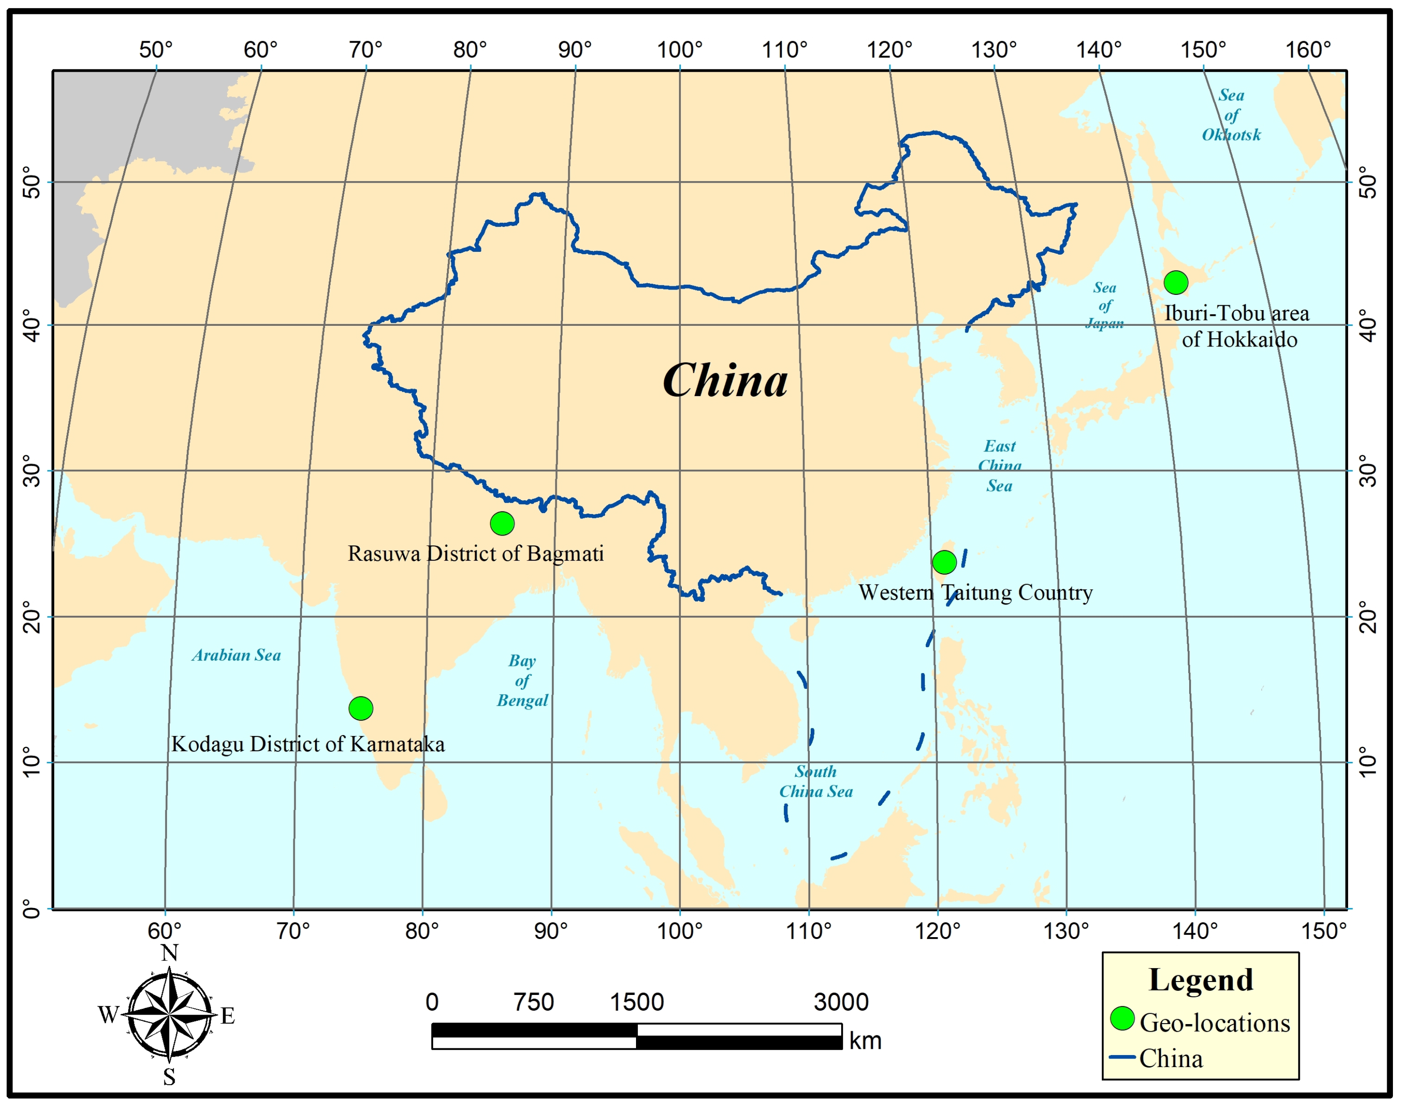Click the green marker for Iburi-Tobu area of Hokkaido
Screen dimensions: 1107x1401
(1176, 283)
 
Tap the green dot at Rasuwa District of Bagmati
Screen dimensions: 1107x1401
(502, 523)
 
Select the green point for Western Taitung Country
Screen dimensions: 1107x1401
(944, 562)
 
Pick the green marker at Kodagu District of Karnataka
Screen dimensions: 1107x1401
(361, 709)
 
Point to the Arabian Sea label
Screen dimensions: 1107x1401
(236, 655)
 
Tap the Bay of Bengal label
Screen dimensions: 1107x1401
(522, 680)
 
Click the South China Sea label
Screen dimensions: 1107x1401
(816, 782)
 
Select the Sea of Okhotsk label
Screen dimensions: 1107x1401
(1231, 115)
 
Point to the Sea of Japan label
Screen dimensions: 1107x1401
(1104, 305)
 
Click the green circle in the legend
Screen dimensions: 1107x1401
(1122, 1018)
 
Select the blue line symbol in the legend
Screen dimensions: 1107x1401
(1122, 1057)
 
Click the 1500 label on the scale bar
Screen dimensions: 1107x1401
(637, 1002)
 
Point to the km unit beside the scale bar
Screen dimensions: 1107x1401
(865, 1041)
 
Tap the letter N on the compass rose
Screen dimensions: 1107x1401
(169, 953)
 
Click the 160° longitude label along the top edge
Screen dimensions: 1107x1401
(1308, 49)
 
